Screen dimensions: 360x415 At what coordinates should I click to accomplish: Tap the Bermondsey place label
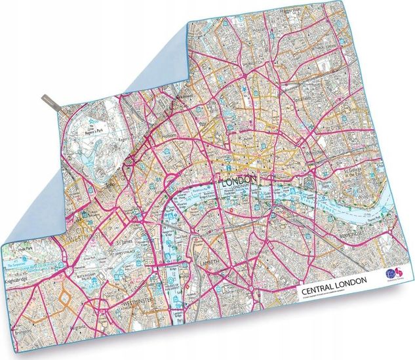tap(351, 233)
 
